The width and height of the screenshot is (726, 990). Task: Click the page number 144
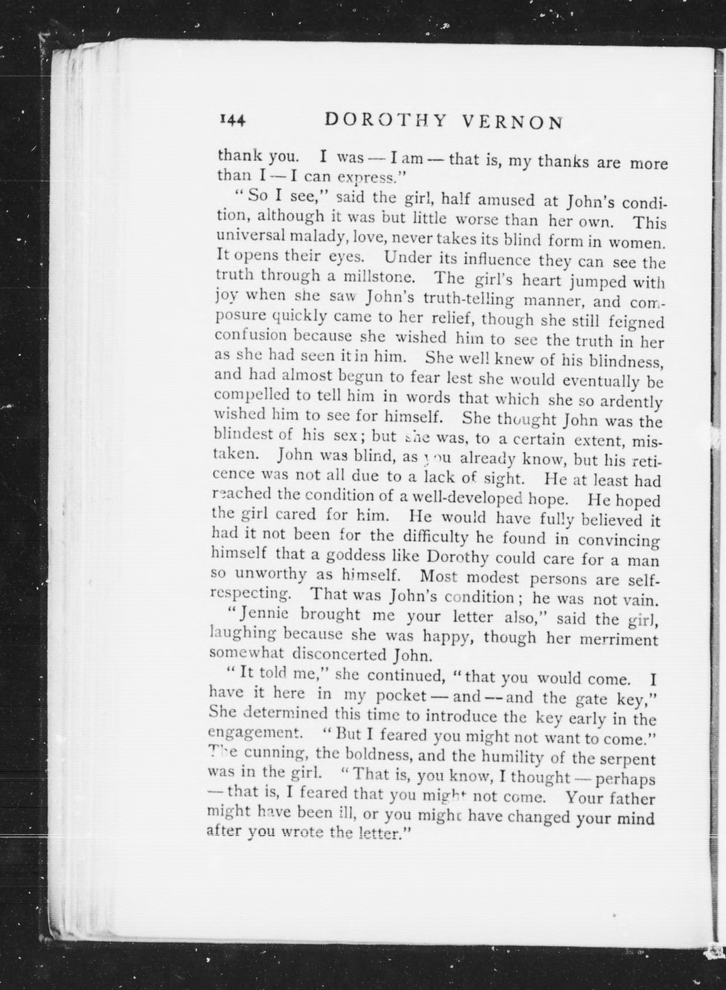click(231, 120)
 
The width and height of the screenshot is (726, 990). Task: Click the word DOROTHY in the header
click(386, 120)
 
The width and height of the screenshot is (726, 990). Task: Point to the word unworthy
click(271, 574)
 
